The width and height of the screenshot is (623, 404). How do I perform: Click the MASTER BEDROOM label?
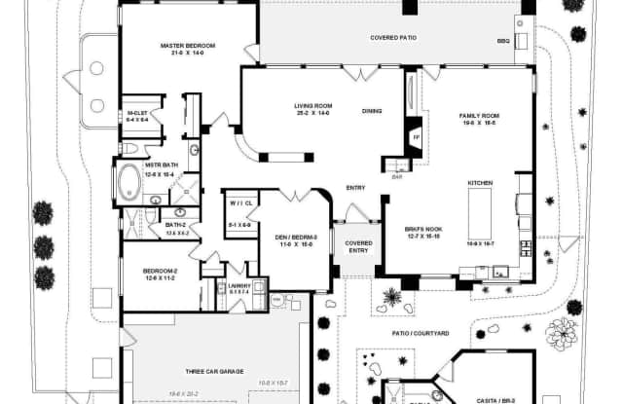(x=187, y=46)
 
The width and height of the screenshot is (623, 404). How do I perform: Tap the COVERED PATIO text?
(x=394, y=38)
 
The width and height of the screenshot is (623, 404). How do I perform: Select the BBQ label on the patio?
(x=503, y=41)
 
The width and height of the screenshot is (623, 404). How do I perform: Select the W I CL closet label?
(x=241, y=203)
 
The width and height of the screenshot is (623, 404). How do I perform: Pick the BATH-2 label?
(x=176, y=226)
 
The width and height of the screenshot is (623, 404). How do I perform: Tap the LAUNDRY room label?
(x=239, y=285)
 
